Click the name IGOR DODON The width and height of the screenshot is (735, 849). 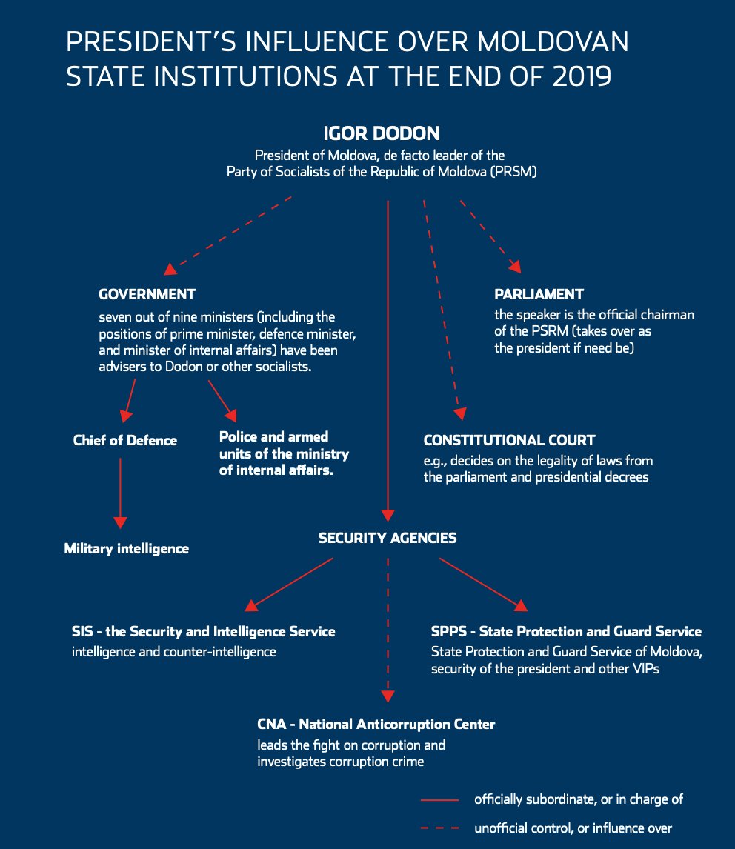pyautogui.click(x=382, y=134)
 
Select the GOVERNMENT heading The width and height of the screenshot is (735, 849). pyautogui.click(x=147, y=294)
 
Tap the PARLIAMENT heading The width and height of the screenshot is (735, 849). pyautogui.click(x=539, y=294)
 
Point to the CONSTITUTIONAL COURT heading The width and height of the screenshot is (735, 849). pyautogui.click(x=509, y=440)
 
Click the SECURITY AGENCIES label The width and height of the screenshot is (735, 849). pyautogui.click(x=388, y=539)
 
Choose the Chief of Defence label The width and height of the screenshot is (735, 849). pyautogui.click(x=125, y=441)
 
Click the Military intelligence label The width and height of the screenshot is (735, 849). pyautogui.click(x=127, y=549)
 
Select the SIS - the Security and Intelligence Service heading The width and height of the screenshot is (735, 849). pyautogui.click(x=204, y=632)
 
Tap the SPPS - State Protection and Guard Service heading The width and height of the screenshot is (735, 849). pyautogui.click(x=566, y=632)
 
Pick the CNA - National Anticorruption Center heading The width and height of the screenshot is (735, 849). pyautogui.click(x=376, y=724)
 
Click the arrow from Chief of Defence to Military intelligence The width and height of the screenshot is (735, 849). pyautogui.click(x=120, y=493)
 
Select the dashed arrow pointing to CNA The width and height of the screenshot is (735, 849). pyautogui.click(x=388, y=630)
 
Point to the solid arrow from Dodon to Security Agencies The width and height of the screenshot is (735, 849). pyautogui.click(x=388, y=356)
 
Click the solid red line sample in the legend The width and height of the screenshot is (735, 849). pyautogui.click(x=441, y=800)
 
